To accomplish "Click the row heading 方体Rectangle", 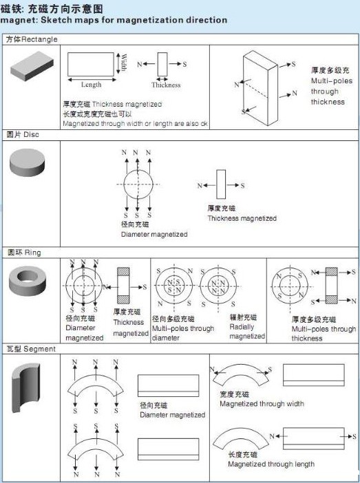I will (x=32, y=40).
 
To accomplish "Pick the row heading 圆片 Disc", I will (x=23, y=135).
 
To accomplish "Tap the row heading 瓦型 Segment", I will (x=30, y=349).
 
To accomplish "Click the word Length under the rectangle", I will (x=91, y=85).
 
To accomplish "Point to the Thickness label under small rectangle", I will (x=166, y=85).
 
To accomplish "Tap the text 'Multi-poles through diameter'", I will (x=182, y=329).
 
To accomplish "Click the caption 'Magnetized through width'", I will (x=262, y=404).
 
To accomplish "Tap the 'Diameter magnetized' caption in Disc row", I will (x=154, y=235).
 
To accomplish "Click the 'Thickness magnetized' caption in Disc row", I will (x=242, y=218).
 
